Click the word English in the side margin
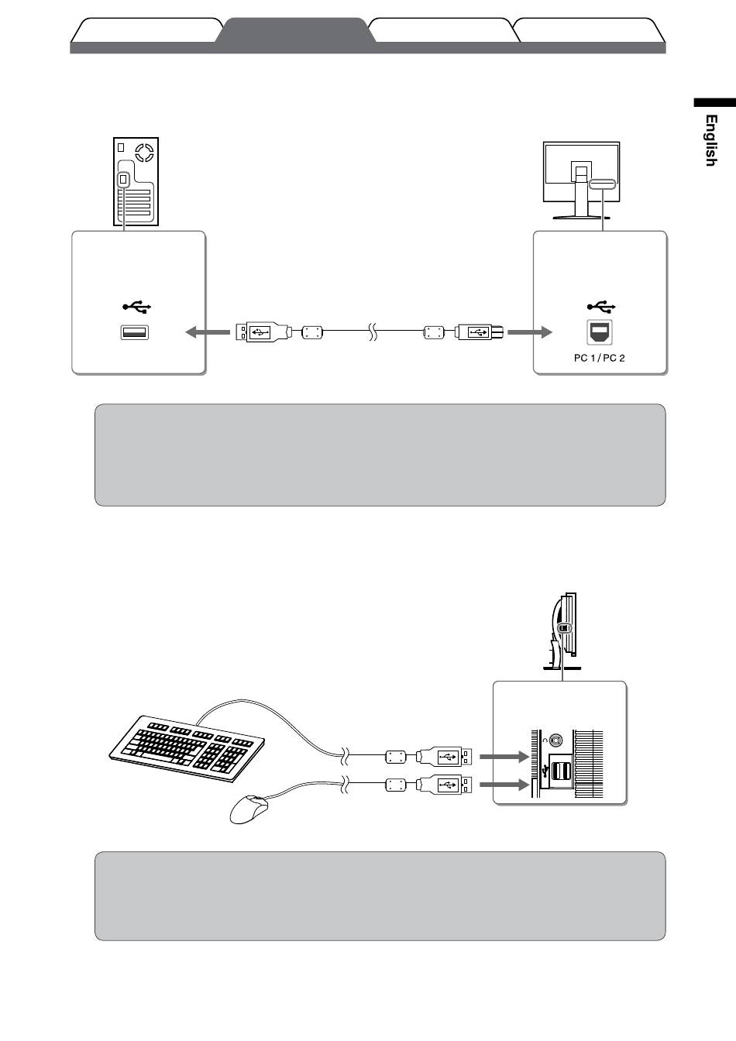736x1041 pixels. tap(710, 140)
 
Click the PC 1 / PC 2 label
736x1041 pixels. tap(600, 359)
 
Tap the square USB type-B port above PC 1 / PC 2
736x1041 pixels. tap(600, 332)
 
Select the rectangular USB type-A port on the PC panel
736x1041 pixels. tap(135, 332)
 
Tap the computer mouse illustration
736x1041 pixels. tap(249, 809)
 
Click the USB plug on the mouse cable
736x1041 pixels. tap(444, 785)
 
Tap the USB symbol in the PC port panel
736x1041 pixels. tap(135, 308)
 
